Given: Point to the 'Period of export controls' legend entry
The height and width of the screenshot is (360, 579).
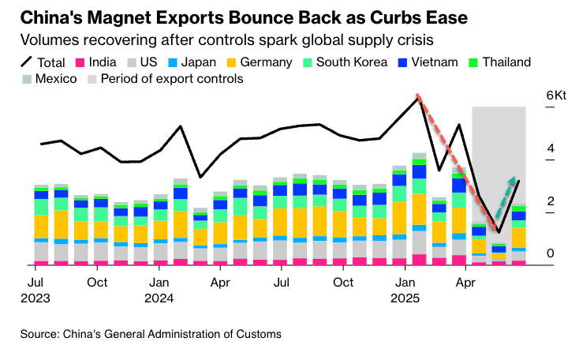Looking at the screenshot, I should [x=165, y=78].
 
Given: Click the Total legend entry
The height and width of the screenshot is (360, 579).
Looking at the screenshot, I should [x=43, y=62].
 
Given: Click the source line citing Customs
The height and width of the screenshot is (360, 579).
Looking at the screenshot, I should [x=151, y=334].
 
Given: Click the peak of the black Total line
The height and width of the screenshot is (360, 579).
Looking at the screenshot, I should [x=418, y=96].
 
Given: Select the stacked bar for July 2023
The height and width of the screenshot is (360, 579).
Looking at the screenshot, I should [x=41, y=225].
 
